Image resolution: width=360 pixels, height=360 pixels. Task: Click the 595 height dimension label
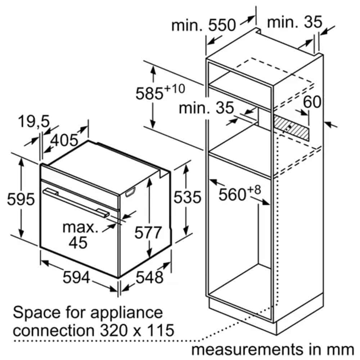click(x=21, y=199)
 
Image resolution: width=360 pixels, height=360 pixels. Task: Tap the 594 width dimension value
click(x=76, y=277)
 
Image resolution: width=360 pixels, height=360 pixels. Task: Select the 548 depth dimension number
click(x=149, y=277)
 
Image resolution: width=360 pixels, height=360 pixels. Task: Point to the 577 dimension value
click(x=148, y=232)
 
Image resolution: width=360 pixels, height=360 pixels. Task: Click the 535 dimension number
click(x=187, y=197)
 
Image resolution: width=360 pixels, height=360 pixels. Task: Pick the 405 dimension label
click(x=64, y=140)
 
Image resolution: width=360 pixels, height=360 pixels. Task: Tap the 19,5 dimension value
click(x=34, y=121)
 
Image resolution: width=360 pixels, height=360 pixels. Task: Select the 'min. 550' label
click(x=203, y=25)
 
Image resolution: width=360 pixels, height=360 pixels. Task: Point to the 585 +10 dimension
click(x=160, y=92)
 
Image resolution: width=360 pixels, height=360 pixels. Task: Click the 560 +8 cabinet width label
click(x=240, y=194)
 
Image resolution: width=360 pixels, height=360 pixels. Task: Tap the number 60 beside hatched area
click(x=312, y=102)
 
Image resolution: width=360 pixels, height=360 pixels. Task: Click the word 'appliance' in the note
click(x=126, y=313)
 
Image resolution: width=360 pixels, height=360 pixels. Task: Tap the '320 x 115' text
click(x=137, y=330)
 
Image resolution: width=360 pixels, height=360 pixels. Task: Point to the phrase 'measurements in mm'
click(x=273, y=350)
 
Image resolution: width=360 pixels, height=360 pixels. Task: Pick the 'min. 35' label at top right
click(x=294, y=22)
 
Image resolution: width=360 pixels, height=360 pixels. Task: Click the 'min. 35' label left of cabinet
click(x=206, y=108)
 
